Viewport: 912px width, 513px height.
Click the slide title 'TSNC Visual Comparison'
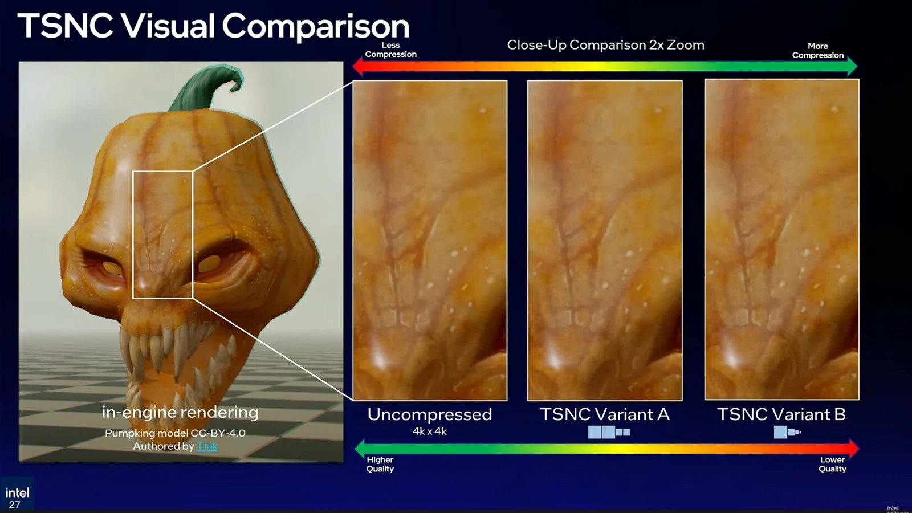pyautogui.click(x=213, y=26)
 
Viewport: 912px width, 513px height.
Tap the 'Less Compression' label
pyautogui.click(x=390, y=50)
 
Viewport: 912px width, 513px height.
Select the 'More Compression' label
pyautogui.click(x=817, y=50)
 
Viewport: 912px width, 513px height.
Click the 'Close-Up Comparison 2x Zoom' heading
pyautogui.click(x=605, y=45)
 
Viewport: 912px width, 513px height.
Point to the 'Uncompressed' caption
pyautogui.click(x=429, y=414)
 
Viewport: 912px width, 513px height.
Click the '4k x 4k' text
pyautogui.click(x=429, y=431)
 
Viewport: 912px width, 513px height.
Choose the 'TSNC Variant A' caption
pyautogui.click(x=604, y=414)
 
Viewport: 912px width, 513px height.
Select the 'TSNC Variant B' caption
pyautogui.click(x=781, y=414)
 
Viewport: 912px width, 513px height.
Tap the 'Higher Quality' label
pyautogui.click(x=380, y=464)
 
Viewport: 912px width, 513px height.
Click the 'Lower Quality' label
pyautogui.click(x=832, y=464)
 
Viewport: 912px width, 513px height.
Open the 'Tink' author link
pyautogui.click(x=207, y=446)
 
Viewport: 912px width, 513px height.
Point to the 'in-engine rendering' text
pyautogui.click(x=180, y=412)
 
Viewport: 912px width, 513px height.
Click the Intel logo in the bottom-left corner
pyautogui.click(x=17, y=492)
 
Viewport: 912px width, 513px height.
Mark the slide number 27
pyautogui.click(x=15, y=504)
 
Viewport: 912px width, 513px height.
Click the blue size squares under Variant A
pyautogui.click(x=609, y=432)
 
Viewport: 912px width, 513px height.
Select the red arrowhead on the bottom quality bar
pyautogui.click(x=853, y=448)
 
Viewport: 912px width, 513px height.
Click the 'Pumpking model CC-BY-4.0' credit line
pyautogui.click(x=175, y=433)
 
